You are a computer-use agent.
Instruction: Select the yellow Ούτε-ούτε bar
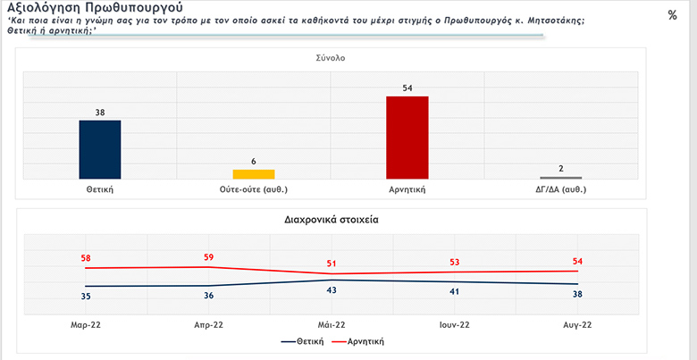click(254, 173)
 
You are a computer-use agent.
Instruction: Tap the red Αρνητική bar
click(407, 137)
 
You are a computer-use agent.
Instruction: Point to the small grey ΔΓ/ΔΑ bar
click(561, 178)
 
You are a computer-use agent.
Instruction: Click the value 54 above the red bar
click(407, 88)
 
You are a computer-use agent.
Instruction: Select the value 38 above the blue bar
click(100, 112)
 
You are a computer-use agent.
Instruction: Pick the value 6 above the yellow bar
click(254, 161)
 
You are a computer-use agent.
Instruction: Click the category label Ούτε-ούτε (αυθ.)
click(254, 189)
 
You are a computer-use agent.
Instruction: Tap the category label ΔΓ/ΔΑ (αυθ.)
click(561, 189)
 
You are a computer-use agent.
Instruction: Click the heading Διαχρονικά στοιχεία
click(331, 218)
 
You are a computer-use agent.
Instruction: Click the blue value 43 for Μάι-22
click(332, 291)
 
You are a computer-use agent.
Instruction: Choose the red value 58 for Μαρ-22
click(87, 258)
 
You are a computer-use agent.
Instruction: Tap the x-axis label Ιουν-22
click(454, 325)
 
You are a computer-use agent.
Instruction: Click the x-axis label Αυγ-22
click(576, 325)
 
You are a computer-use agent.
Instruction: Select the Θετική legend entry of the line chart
click(303, 341)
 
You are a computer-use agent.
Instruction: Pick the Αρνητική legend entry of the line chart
click(360, 341)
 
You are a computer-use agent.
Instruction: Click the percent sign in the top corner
click(672, 15)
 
